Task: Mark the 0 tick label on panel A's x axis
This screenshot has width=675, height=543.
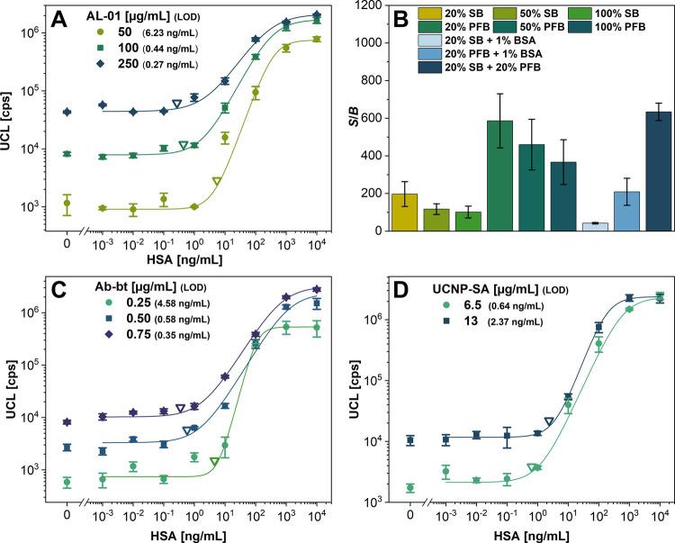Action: pyautogui.click(x=67, y=244)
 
